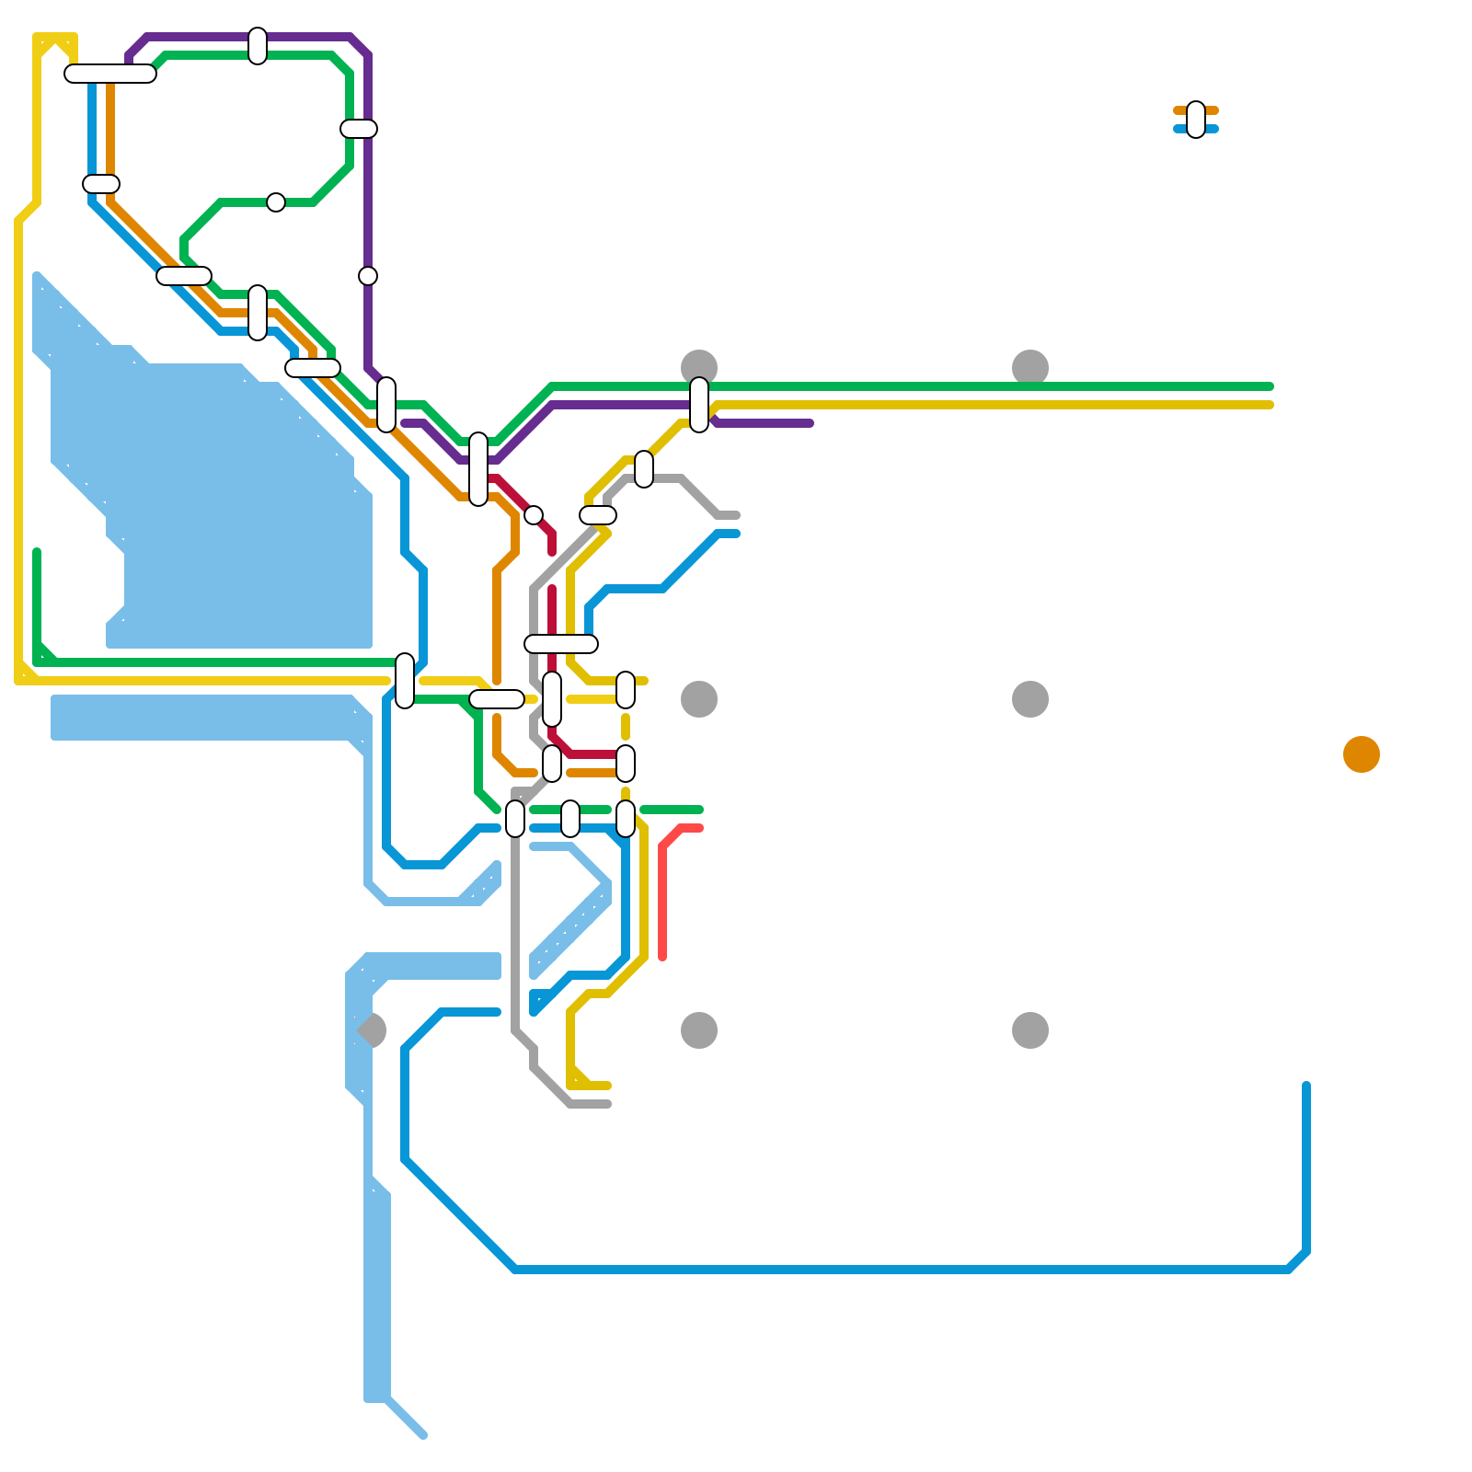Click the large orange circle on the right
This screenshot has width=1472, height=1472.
(x=1362, y=754)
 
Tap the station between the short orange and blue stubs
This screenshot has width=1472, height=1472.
(x=1196, y=120)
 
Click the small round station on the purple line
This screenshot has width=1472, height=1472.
(x=368, y=276)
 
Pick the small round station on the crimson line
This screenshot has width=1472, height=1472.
(x=534, y=515)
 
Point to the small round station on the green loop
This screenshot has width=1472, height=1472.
(x=276, y=202)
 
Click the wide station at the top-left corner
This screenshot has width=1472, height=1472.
(x=110, y=74)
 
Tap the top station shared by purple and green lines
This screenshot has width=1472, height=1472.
(x=258, y=46)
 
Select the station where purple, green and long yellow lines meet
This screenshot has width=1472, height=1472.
(x=699, y=405)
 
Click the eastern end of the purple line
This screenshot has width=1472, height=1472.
(x=810, y=423)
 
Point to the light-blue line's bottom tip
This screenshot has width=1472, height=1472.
(x=422, y=1434)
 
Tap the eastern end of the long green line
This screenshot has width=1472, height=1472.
(x=1270, y=386)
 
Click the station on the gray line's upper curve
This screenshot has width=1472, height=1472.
(x=644, y=469)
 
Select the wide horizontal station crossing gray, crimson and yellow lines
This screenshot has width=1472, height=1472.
(x=561, y=644)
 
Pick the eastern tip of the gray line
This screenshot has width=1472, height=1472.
(x=736, y=515)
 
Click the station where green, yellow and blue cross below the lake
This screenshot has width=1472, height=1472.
(x=405, y=681)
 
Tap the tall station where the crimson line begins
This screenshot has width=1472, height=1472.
(x=478, y=469)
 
